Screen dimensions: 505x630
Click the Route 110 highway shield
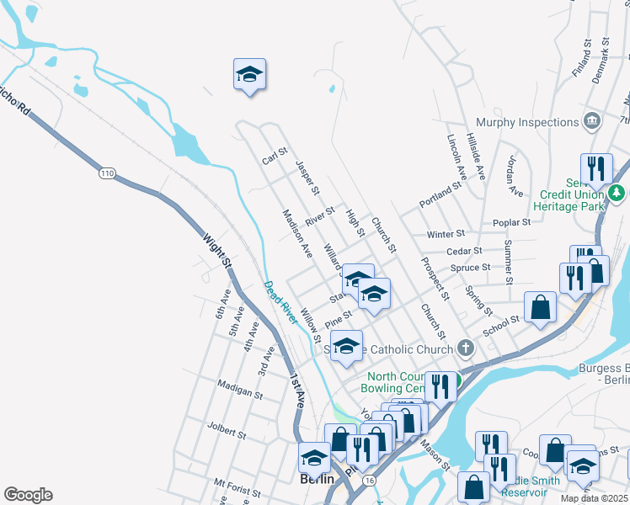tap(106, 173)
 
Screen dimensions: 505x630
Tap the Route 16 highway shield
tap(369, 479)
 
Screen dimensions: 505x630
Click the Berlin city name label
tap(318, 479)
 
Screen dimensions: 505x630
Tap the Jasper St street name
tap(306, 178)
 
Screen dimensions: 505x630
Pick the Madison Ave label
tap(297, 233)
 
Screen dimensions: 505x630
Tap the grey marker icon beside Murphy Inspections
tap(592, 122)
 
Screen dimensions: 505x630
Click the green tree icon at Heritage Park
tap(617, 194)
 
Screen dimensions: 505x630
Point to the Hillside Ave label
tap(478, 157)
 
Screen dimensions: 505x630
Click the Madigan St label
tap(240, 391)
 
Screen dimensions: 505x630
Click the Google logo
tap(28, 495)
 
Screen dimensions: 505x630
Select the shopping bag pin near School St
tap(540, 306)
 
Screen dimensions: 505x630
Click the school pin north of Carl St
tap(249, 74)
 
